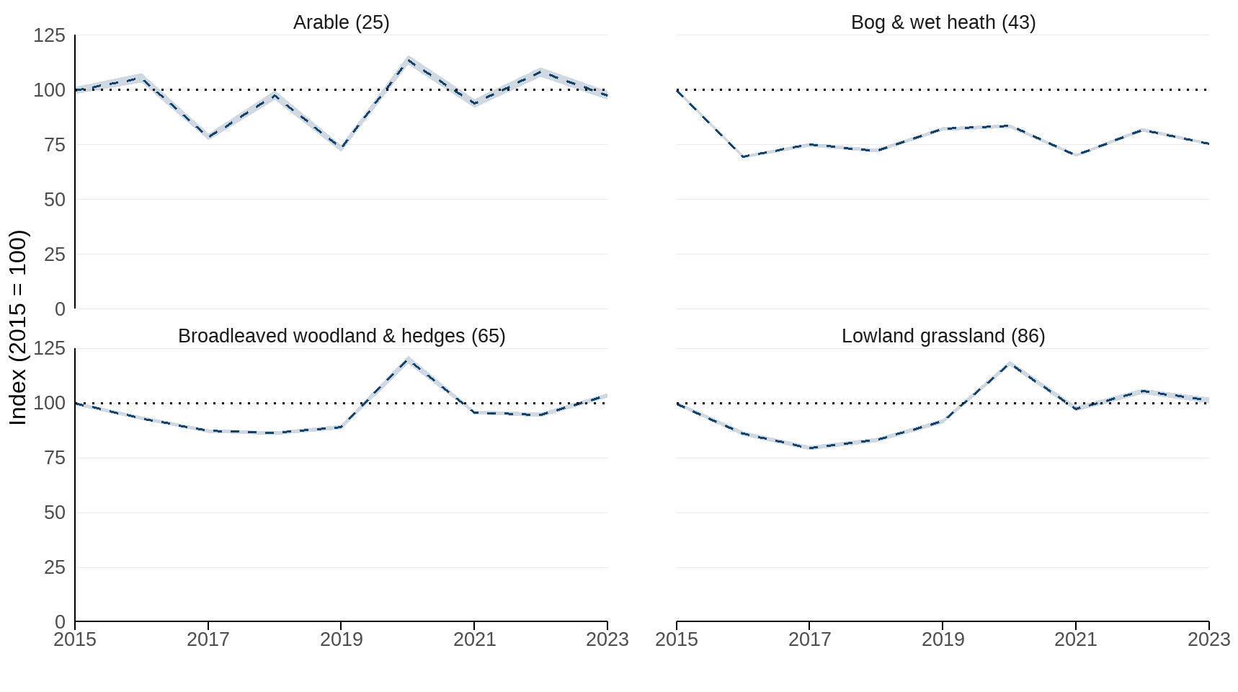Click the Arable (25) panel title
pyautogui.click(x=341, y=22)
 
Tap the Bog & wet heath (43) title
pyautogui.click(x=943, y=22)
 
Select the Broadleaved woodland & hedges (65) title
pyautogui.click(x=341, y=336)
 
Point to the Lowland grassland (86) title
pyautogui.click(x=943, y=336)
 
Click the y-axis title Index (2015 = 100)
pyautogui.click(x=18, y=327)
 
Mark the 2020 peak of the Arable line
pyautogui.click(x=409, y=59)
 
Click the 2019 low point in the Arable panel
pyautogui.click(x=341, y=148)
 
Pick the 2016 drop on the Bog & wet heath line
pyautogui.click(x=743, y=156)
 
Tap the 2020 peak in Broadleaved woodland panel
pyautogui.click(x=409, y=359)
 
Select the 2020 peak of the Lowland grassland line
pyautogui.click(x=1010, y=363)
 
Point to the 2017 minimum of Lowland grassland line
pyautogui.click(x=810, y=448)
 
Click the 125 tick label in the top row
pyautogui.click(x=49, y=35)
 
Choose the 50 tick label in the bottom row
pyautogui.click(x=55, y=513)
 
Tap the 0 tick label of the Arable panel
pyautogui.click(x=60, y=309)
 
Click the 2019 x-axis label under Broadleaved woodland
pyautogui.click(x=341, y=639)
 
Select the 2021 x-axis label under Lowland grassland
pyautogui.click(x=1076, y=639)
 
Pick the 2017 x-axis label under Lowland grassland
pyautogui.click(x=809, y=639)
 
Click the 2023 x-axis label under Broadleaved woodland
pyautogui.click(x=607, y=639)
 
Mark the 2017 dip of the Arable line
pyautogui.click(x=208, y=136)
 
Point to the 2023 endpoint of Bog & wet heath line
pyautogui.click(x=1208, y=143)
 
